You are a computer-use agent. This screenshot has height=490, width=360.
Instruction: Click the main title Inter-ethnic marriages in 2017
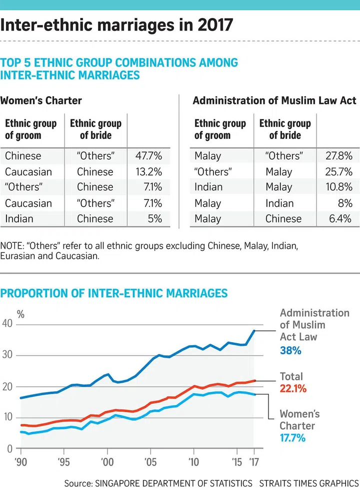116,25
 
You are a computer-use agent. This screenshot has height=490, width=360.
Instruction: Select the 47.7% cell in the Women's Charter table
148,156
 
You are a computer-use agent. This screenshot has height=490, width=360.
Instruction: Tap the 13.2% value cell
148,172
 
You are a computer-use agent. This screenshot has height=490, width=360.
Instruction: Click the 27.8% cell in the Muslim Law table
338,156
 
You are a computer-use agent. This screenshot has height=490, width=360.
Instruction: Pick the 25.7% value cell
338,172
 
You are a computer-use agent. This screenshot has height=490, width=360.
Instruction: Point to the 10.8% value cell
338,187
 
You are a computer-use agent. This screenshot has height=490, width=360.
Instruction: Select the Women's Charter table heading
41,100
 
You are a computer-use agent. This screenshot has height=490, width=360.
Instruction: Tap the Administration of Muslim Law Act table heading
274,100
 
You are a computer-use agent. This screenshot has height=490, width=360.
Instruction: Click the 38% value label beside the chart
290,351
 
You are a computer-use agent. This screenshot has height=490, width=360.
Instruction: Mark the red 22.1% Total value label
293,389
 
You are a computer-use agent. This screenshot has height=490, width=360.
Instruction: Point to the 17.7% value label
292,439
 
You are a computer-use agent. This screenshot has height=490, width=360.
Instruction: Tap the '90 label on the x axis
20,462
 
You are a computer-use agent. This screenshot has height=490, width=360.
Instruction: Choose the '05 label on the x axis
149,462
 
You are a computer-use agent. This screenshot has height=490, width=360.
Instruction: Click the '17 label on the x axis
254,462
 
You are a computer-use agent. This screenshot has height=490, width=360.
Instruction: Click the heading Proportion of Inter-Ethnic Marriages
114,293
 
